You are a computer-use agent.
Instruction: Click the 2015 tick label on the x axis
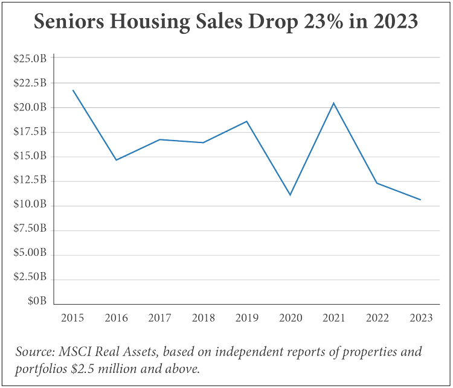72,318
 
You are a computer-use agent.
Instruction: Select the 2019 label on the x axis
246,318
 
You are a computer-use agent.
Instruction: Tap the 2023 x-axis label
420,318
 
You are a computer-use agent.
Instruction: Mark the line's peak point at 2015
73,91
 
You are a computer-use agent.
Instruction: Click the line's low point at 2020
290,195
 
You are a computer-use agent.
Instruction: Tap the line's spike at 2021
333,103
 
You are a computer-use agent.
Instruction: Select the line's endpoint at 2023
420,200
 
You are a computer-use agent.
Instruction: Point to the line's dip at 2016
116,160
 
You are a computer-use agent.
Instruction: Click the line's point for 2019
246,121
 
